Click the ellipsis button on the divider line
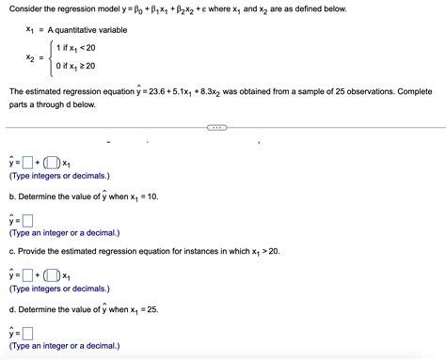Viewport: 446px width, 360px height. pyautogui.click(x=216, y=129)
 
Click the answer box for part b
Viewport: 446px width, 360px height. pyautogui.click(x=28, y=221)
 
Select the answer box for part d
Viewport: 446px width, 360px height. pyautogui.click(x=28, y=334)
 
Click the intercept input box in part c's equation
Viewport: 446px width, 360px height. pyautogui.click(x=28, y=275)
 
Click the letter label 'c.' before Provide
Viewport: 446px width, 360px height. pyautogui.click(x=12, y=253)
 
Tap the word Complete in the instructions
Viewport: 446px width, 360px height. pyautogui.click(x=412, y=91)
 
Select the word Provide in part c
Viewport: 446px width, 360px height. pyautogui.click(x=35, y=253)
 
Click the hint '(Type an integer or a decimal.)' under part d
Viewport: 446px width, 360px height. pyautogui.click(x=64, y=346)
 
